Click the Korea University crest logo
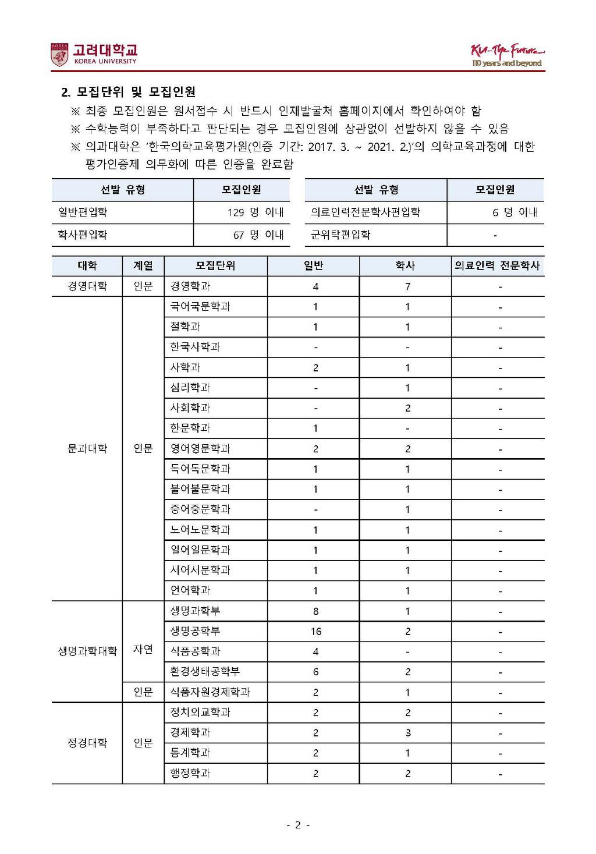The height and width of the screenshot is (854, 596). pyautogui.click(x=59, y=55)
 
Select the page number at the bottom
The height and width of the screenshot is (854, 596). pyautogui.click(x=297, y=824)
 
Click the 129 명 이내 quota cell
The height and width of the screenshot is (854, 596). pyautogui.click(x=255, y=212)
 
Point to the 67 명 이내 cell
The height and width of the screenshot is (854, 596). pyautogui.click(x=258, y=235)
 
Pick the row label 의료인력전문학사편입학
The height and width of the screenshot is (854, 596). pyautogui.click(x=366, y=212)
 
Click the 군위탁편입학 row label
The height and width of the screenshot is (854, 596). pyautogui.click(x=340, y=235)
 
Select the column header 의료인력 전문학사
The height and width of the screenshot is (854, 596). pyautogui.click(x=497, y=265)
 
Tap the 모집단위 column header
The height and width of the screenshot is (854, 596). pyautogui.click(x=215, y=265)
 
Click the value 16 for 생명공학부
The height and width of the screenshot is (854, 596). pyautogui.click(x=315, y=631)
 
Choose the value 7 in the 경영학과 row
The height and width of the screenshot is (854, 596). pyautogui.click(x=407, y=286)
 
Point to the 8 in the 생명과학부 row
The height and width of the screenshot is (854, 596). pyautogui.click(x=315, y=611)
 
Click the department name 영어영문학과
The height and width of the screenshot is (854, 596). pyautogui.click(x=200, y=448)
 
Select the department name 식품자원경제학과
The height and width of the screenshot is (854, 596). pyautogui.click(x=210, y=692)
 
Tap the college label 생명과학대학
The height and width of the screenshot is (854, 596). pyautogui.click(x=87, y=651)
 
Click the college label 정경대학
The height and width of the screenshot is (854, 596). pyautogui.click(x=87, y=743)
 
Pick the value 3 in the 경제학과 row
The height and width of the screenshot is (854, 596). pyautogui.click(x=407, y=733)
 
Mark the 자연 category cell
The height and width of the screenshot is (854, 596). pyautogui.click(x=143, y=649)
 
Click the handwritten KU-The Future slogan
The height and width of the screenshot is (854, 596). pyautogui.click(x=507, y=55)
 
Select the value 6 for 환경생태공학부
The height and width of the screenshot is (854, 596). pyautogui.click(x=315, y=672)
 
